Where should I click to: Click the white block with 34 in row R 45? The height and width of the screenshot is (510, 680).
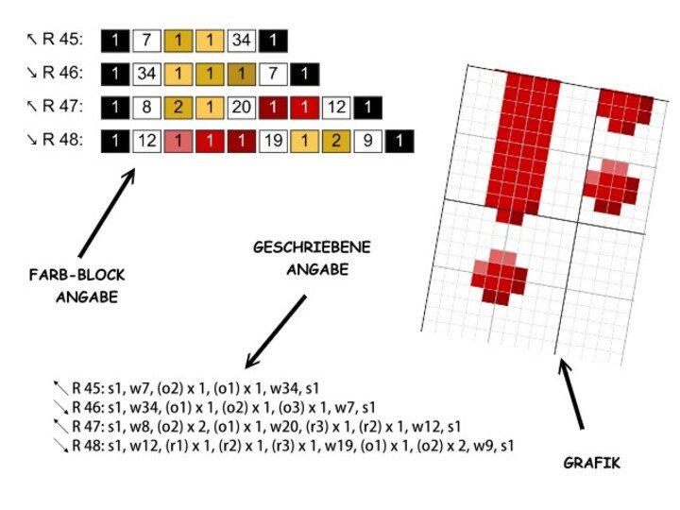[x=241, y=41]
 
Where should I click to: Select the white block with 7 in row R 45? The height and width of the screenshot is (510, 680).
[x=145, y=41]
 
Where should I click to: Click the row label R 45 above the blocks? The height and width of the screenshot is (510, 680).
[x=62, y=41]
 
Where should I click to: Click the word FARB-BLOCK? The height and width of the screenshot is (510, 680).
[x=76, y=275]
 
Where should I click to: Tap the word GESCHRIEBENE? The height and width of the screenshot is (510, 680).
[x=312, y=247]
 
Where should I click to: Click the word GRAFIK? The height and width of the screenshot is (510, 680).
[x=591, y=464]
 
